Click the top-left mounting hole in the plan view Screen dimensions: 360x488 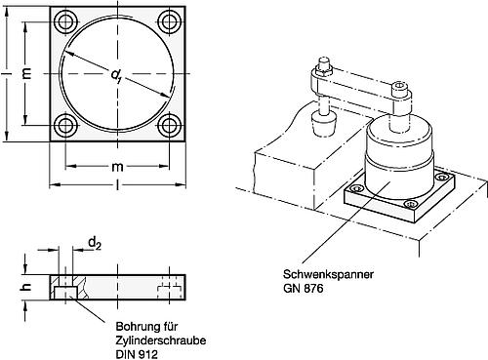coord(67,20)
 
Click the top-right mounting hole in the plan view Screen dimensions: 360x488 coord(172,20)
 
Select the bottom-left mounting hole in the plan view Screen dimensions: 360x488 coord(67,124)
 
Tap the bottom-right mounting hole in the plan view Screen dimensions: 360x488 coord(172,124)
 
